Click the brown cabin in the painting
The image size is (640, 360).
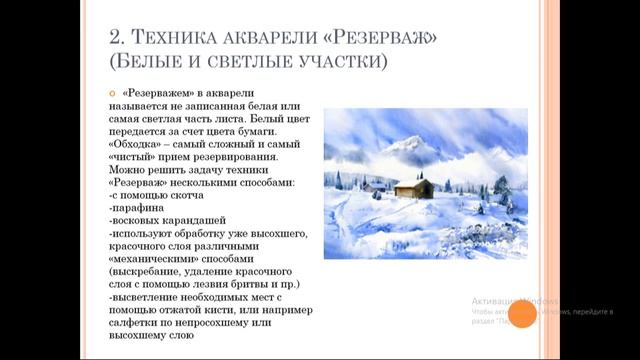pos(413,187)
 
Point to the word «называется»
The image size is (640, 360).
pos(140,106)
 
